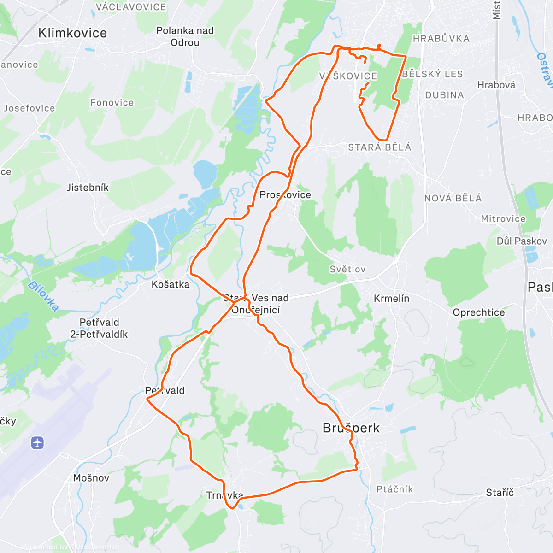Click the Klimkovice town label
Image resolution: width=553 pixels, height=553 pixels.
click(x=72, y=33)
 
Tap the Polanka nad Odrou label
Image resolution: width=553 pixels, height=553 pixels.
click(x=185, y=36)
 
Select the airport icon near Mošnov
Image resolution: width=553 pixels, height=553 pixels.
click(x=37, y=443)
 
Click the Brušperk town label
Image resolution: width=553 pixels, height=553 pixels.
click(x=351, y=428)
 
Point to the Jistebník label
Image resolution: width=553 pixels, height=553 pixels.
click(x=88, y=188)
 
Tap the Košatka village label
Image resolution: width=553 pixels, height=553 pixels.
click(x=171, y=284)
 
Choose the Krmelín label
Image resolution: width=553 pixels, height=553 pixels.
click(x=391, y=299)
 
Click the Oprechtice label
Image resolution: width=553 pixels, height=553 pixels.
click(x=478, y=312)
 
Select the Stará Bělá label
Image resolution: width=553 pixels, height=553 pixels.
click(x=379, y=147)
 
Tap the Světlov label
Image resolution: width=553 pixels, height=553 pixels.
click(x=347, y=269)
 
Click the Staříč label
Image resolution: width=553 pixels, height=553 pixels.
click(x=500, y=493)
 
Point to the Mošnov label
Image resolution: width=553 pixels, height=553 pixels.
click(x=91, y=478)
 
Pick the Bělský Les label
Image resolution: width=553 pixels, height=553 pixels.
click(x=432, y=74)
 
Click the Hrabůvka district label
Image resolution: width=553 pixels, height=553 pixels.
click(x=441, y=39)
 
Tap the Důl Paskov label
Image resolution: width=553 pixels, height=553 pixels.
click(x=522, y=241)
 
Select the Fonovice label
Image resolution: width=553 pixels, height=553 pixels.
click(x=112, y=103)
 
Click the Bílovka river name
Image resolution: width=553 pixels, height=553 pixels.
click(x=44, y=296)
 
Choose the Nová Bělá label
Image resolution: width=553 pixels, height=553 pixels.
click(x=453, y=198)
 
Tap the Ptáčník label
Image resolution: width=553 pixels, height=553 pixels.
click(x=394, y=489)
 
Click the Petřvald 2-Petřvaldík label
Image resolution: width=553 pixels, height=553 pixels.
click(x=99, y=328)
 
